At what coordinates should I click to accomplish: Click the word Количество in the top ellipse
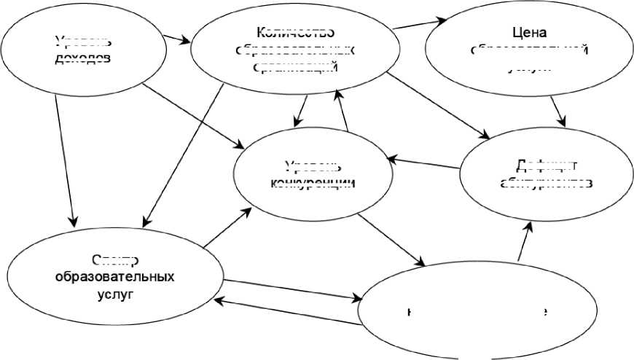coord(295,32)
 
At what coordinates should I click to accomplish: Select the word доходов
coord(83,58)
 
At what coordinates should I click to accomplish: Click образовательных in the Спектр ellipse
coord(114,278)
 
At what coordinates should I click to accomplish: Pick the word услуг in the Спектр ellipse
coord(114,296)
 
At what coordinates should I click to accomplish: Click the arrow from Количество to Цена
coord(420,24)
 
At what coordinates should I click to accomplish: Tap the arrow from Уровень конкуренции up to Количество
coord(342,109)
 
